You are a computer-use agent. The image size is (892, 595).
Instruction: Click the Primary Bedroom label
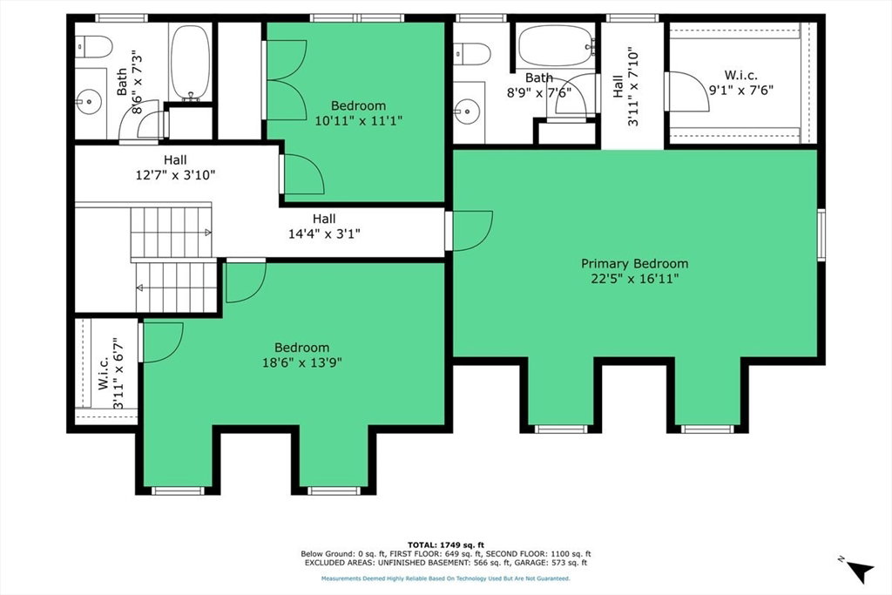coord(634,263)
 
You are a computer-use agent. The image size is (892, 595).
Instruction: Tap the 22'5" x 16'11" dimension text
coord(634,279)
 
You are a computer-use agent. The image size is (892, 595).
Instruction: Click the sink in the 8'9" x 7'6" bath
coord(468,107)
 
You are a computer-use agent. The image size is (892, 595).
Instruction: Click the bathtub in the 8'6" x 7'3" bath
coord(190,62)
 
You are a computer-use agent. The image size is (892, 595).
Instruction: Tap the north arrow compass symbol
coord(858,570)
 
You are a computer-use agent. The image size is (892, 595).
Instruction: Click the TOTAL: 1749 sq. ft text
coord(446,545)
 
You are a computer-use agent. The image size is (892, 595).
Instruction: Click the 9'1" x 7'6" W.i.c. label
coord(740,83)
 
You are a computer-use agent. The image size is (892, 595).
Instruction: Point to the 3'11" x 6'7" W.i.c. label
coord(111,373)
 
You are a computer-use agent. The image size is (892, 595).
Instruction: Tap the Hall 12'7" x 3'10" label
coord(175,168)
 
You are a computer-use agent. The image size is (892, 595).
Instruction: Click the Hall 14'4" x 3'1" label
coord(324,226)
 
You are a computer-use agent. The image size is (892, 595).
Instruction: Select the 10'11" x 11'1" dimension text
coord(359,120)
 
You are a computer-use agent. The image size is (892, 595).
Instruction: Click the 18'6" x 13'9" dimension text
coord(302,362)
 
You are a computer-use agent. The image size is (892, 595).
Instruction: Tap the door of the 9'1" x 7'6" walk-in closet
coord(687,91)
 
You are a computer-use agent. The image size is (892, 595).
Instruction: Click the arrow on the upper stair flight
coord(208,232)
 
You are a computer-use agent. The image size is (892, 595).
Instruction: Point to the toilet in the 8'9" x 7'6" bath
coord(472,54)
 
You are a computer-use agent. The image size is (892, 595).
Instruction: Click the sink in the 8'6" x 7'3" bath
coord(89,102)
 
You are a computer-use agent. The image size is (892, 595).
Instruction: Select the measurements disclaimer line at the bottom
coord(446,578)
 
